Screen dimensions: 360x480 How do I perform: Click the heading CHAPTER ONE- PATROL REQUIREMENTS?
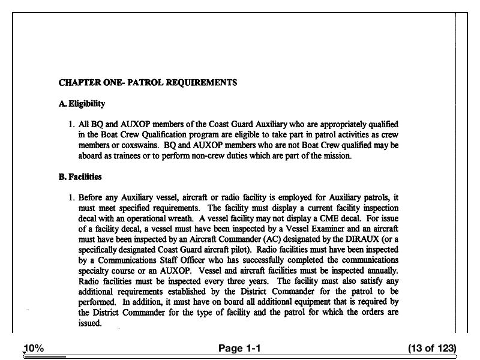tap(148, 83)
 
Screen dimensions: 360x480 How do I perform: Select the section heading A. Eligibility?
tap(82, 104)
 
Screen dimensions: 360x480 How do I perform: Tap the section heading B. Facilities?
tap(80, 177)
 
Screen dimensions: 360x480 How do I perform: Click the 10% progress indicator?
tap(34, 349)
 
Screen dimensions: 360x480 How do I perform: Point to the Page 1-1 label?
tap(239, 349)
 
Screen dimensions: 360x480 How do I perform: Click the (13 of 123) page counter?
tap(432, 349)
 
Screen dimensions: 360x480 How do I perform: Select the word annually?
tap(382, 271)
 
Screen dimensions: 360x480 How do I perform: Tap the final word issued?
tap(90, 323)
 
